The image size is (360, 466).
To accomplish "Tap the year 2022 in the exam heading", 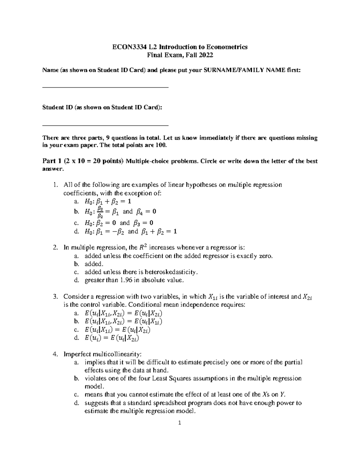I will (206, 55).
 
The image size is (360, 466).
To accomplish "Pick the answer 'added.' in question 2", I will (94, 264).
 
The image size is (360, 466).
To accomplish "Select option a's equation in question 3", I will (123, 313).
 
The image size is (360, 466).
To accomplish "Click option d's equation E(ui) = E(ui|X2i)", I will (112, 338).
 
